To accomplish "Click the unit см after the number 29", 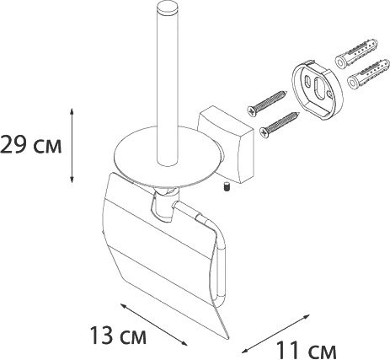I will (50, 145).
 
